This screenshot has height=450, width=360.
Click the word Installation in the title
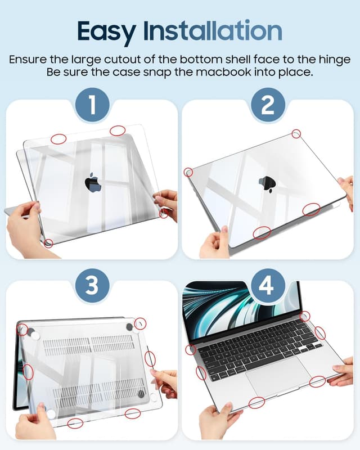click(215, 30)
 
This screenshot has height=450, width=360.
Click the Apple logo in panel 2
click(266, 184)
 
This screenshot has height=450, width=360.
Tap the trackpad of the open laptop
click(273, 375)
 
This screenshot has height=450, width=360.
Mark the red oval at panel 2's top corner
click(296, 133)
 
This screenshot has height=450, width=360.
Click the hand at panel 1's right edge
click(167, 202)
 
